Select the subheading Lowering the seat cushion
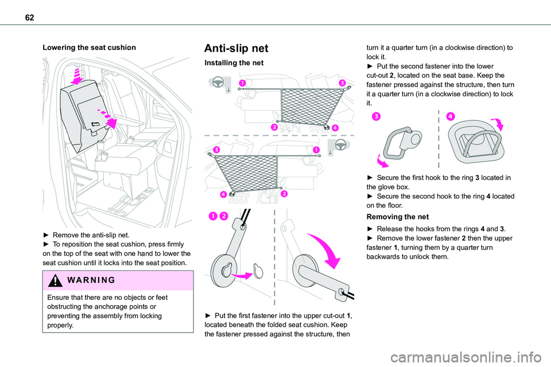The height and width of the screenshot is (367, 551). [x=89, y=48]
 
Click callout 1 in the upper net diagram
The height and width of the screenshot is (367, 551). [x=243, y=83]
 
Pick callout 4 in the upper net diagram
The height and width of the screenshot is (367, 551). [x=335, y=127]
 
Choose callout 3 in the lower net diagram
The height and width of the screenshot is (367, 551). [x=216, y=150]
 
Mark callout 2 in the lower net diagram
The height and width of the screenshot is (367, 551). [x=284, y=194]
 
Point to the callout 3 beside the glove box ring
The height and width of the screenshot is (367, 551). [x=375, y=116]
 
